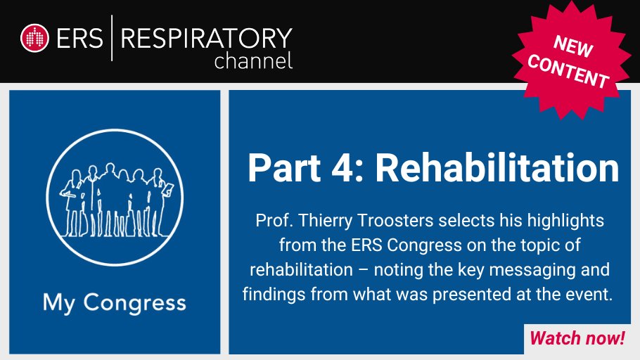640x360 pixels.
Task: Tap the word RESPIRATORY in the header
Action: click(207, 37)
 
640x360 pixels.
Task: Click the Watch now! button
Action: click(577, 338)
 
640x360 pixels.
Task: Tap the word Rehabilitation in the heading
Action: click(497, 169)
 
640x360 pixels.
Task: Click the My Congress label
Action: click(115, 303)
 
